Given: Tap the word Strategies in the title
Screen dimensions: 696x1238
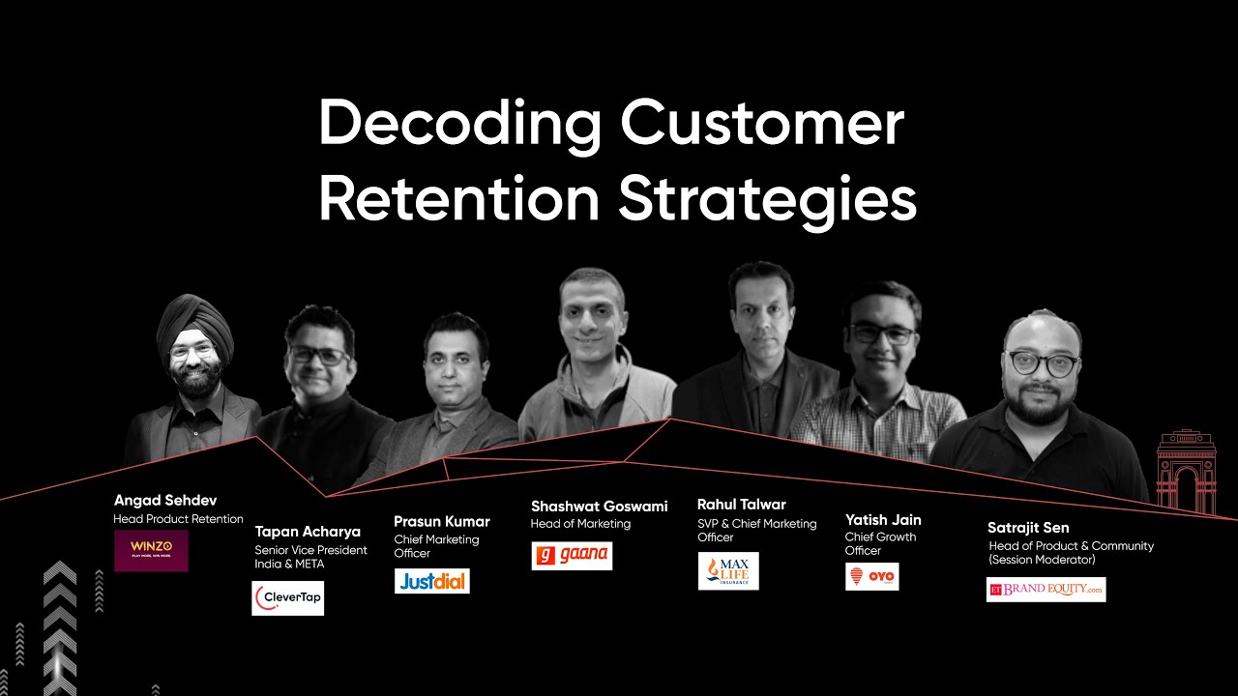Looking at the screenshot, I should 767,199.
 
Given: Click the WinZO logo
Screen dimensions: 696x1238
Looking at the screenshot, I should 151,550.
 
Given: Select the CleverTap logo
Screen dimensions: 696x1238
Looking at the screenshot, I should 287,598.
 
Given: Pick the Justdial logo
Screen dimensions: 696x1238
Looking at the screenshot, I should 431,581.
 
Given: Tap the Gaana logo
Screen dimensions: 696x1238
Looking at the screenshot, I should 572,556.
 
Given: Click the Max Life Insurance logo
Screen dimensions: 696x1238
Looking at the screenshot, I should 728,571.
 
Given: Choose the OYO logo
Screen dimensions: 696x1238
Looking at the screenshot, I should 871,577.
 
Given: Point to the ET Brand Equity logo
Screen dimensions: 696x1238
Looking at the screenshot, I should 1046,590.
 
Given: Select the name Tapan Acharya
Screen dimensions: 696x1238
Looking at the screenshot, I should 308,532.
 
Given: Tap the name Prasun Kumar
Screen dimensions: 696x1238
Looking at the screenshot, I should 441,522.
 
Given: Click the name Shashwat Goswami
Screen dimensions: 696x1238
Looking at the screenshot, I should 599,507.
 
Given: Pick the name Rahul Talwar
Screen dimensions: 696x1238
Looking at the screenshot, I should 741,505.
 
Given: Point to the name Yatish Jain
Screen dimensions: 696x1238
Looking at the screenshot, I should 883,520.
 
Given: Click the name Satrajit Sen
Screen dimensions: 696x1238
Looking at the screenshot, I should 1028,528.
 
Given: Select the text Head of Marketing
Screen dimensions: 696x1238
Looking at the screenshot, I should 580,524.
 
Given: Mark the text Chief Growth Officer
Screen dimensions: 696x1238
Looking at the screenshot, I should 880,543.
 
